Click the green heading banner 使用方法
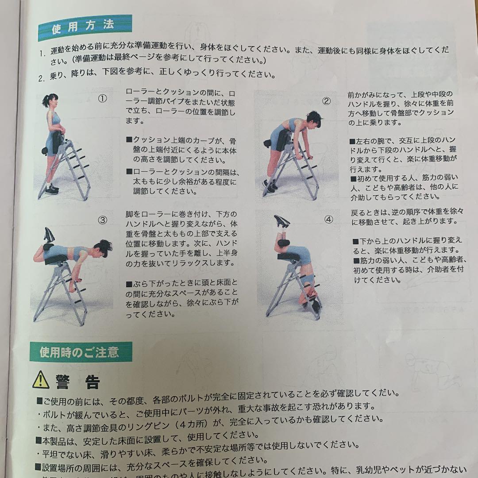point(85,28)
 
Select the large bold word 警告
point(78,382)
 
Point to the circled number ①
point(102,99)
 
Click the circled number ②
point(326,101)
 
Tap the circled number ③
point(102,220)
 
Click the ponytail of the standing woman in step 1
point(45,101)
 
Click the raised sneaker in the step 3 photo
point(49,234)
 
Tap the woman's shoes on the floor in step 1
point(51,189)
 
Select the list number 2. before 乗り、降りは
point(42,79)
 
